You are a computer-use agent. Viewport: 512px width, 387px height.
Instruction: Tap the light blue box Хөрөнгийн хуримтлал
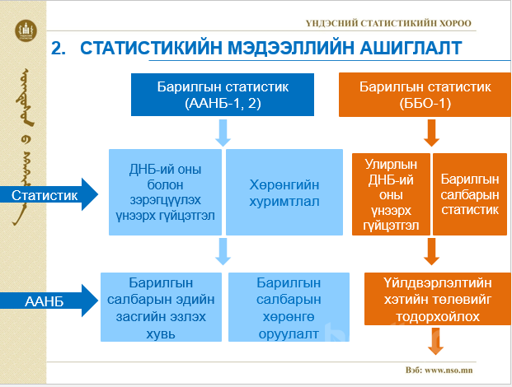[x=284, y=191]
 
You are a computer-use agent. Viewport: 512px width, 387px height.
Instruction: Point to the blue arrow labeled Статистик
[x=49, y=195]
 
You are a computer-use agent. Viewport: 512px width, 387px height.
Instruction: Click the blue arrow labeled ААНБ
[x=49, y=302]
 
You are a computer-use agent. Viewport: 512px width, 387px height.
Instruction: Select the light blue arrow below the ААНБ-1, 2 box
[x=223, y=132]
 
